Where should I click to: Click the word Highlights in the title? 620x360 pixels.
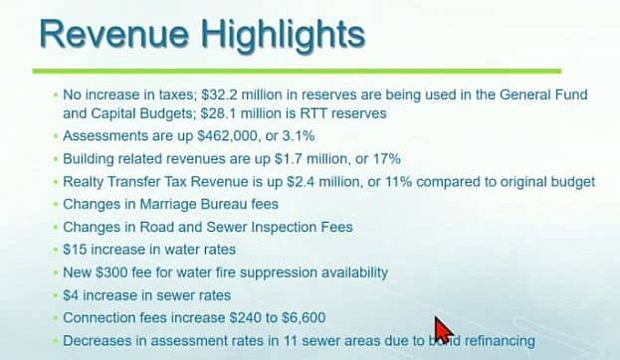(283, 36)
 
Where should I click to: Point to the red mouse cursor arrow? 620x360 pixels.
(443, 330)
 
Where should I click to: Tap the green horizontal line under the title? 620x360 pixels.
(297, 72)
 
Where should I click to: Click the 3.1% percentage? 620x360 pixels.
(299, 136)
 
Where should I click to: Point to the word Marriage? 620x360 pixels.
(168, 204)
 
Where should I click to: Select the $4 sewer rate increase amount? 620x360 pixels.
(71, 295)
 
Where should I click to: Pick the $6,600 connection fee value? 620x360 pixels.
(304, 317)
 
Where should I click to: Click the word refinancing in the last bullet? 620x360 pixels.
(500, 341)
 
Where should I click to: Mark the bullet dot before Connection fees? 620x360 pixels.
(55, 318)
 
